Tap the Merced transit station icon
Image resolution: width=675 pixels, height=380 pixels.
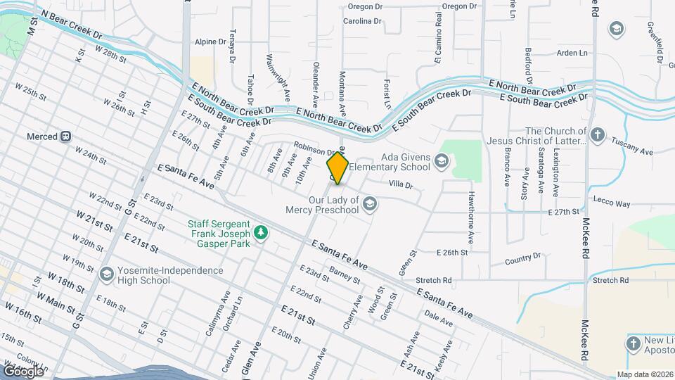tap(65, 137)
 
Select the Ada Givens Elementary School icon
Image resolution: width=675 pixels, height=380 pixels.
tap(441, 162)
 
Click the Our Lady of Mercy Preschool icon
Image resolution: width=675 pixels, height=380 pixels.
tap(369, 204)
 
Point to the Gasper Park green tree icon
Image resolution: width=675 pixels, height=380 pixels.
tap(260, 232)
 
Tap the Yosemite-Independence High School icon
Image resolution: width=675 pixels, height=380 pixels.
tap(107, 274)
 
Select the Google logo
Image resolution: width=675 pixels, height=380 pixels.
tap(23, 371)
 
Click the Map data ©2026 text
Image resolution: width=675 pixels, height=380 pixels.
tap(645, 374)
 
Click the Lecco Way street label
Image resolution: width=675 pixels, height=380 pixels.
tap(612, 203)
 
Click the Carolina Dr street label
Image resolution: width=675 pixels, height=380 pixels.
tap(362, 21)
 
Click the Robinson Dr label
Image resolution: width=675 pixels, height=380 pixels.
tap(317, 149)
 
